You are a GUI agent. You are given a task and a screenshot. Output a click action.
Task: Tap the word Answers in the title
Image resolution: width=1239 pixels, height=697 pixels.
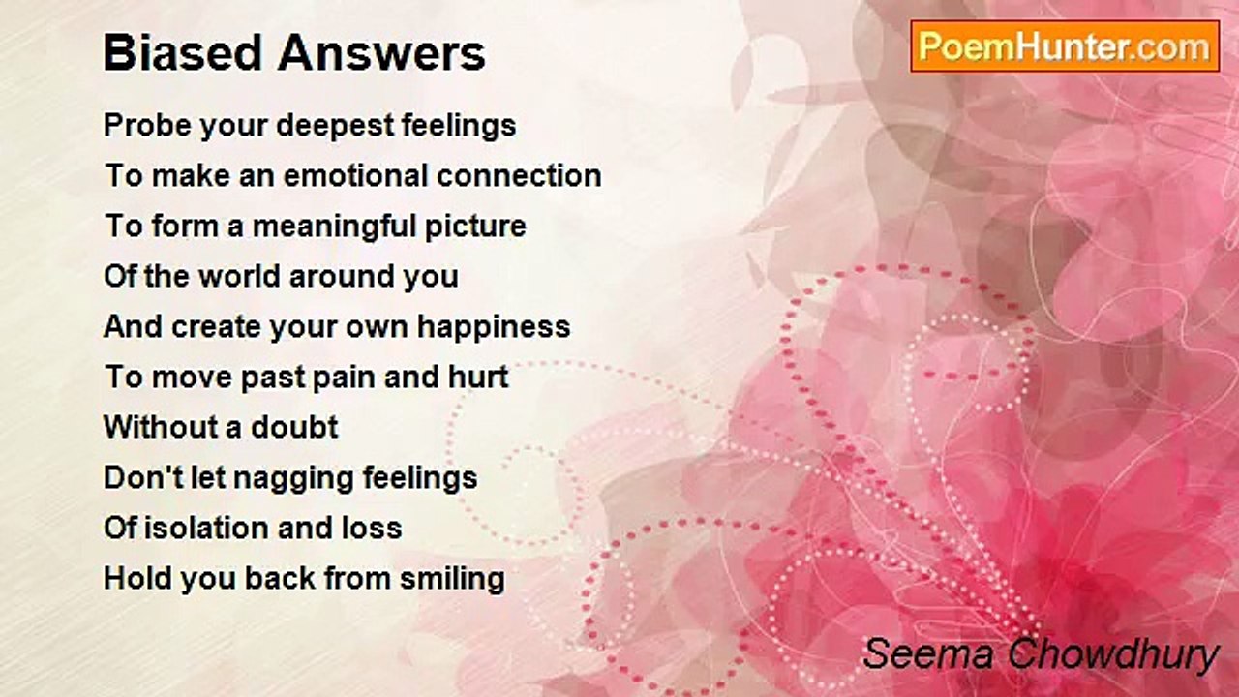381,52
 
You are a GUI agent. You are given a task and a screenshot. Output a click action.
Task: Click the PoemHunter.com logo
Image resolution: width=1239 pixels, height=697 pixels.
1065,46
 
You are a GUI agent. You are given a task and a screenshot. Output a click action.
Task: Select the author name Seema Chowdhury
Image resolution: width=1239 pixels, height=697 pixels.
1041,653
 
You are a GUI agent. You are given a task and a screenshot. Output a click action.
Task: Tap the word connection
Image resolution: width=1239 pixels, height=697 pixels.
519,176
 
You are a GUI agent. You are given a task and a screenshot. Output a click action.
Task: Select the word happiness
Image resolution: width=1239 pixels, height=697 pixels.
494,327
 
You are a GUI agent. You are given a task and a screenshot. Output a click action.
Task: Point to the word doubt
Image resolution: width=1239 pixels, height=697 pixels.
294,427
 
